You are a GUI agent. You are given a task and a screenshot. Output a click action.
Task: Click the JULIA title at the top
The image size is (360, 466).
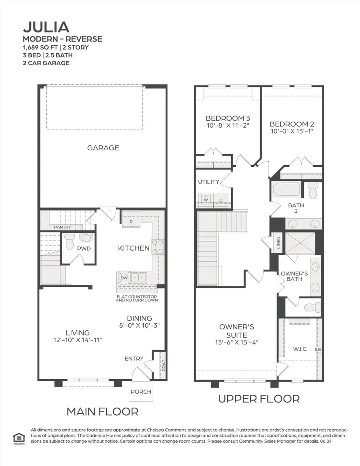(46, 27)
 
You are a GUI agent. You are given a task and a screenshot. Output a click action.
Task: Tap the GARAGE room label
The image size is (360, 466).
(103, 148)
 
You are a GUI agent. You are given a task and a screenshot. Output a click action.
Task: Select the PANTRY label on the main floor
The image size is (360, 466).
(63, 227)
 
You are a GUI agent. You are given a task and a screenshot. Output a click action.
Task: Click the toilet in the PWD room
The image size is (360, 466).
(70, 241)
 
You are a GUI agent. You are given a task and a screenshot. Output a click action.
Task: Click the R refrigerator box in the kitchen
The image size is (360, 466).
(130, 221)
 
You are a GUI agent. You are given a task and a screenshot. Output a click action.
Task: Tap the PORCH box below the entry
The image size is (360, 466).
(141, 391)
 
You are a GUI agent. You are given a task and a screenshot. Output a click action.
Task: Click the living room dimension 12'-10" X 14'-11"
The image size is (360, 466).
(78, 340)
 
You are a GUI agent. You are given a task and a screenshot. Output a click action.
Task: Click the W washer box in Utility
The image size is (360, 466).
(206, 200)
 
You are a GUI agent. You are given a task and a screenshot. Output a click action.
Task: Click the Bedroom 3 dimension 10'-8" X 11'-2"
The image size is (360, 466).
(228, 126)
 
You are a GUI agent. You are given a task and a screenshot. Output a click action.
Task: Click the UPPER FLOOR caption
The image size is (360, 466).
(258, 398)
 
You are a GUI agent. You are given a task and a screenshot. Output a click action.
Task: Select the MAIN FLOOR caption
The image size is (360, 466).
(102, 411)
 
